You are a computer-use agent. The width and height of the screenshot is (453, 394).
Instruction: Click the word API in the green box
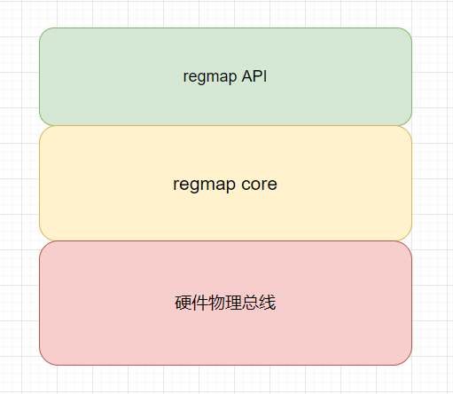254,76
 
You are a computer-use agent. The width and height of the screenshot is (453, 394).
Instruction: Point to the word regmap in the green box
210,77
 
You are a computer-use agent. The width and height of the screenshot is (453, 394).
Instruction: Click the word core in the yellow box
259,185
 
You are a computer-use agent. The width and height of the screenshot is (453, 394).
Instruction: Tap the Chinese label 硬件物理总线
225,303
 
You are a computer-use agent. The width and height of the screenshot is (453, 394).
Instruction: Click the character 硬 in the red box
184,303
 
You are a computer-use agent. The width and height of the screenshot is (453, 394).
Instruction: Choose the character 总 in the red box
251,303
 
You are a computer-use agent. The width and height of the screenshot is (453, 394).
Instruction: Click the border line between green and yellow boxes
225,125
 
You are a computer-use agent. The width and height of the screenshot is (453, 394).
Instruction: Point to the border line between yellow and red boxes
225,240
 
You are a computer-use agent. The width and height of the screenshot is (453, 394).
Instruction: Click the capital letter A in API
246,76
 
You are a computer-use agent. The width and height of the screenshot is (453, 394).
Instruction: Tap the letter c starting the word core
246,185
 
